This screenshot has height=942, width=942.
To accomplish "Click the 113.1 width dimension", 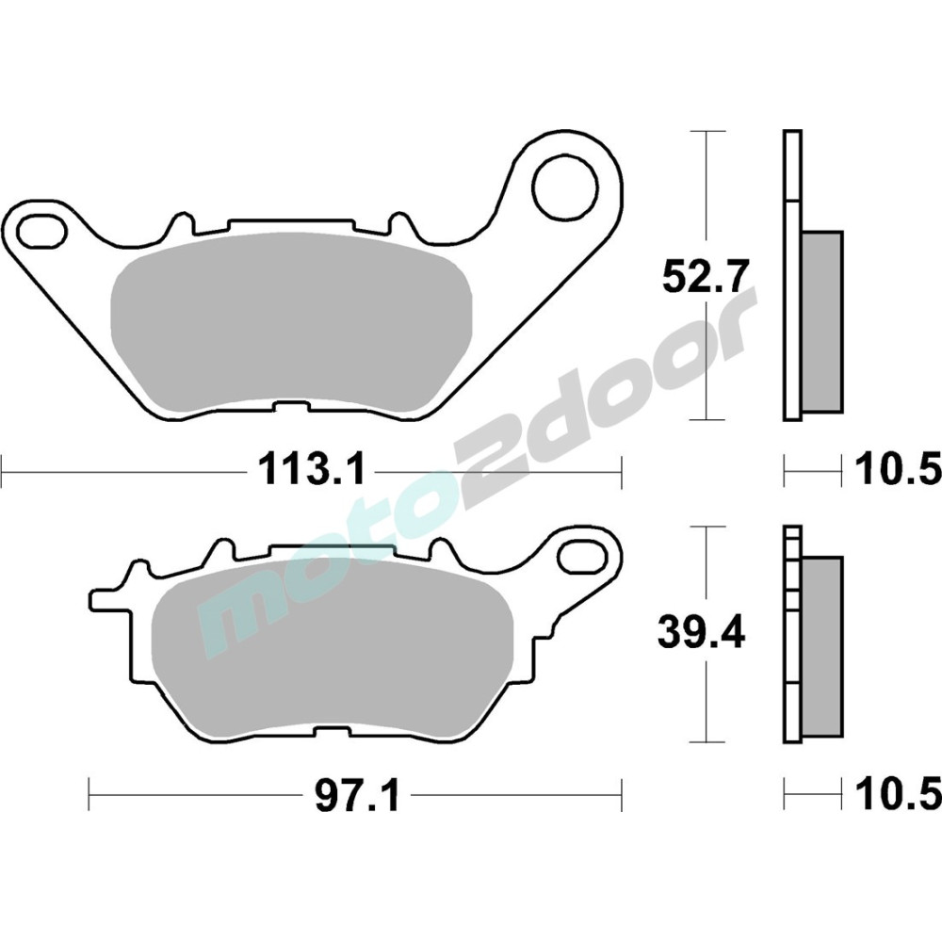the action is (312, 470).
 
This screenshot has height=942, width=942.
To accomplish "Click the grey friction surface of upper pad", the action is (291, 322).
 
